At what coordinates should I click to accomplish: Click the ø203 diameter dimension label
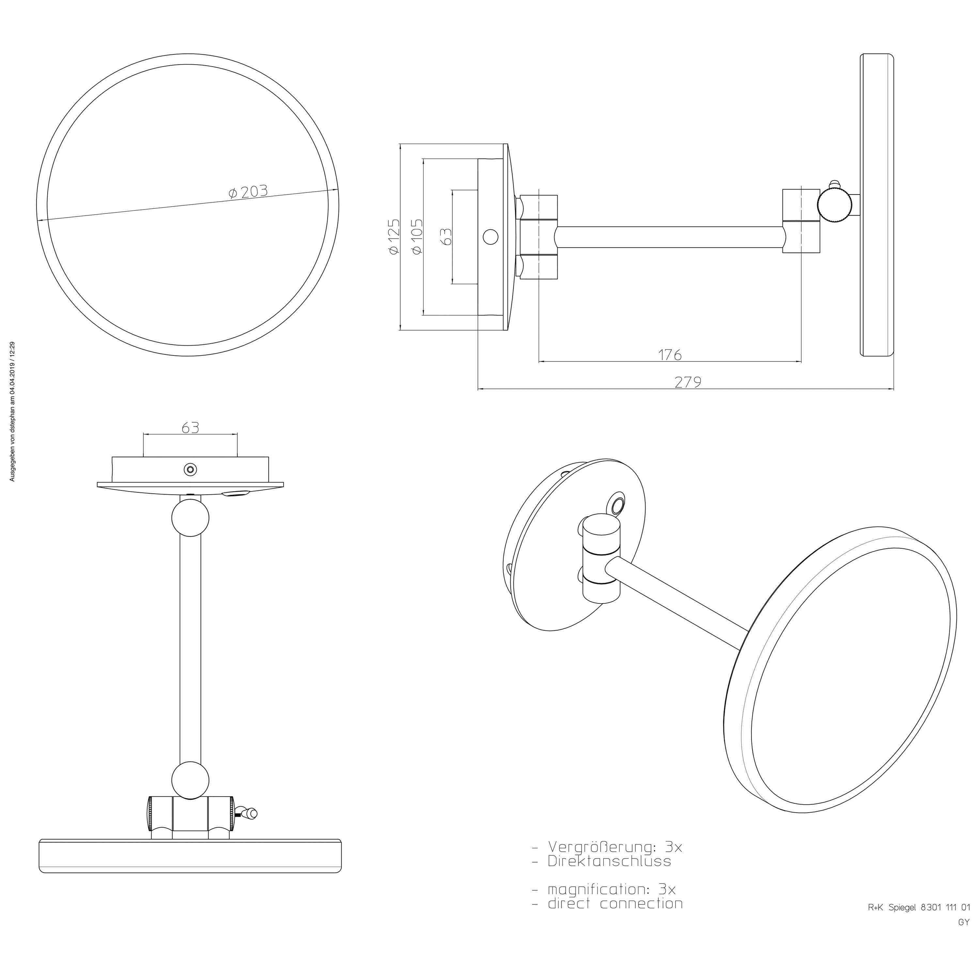click(x=248, y=192)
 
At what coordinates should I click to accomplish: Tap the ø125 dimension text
click(x=394, y=236)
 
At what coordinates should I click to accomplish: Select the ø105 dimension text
click(x=416, y=236)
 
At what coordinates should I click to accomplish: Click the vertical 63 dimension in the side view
click(x=446, y=236)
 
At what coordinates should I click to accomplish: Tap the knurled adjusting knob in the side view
click(x=833, y=206)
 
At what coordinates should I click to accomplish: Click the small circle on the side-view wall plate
click(x=490, y=236)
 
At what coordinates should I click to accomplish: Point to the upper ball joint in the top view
click(x=190, y=517)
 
